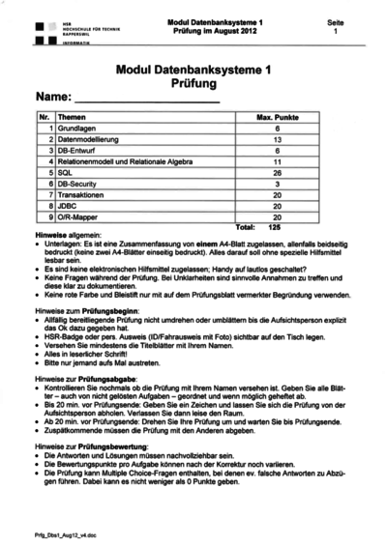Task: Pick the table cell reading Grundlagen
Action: tap(77, 129)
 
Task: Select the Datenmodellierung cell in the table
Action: tap(88, 139)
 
